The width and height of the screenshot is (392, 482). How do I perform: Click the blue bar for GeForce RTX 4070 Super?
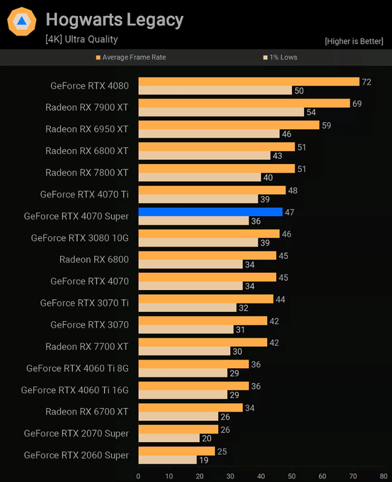click(210, 212)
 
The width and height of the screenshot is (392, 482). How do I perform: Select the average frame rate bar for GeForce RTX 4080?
click(249, 81)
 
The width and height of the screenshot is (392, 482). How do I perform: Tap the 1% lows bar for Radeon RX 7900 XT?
click(221, 113)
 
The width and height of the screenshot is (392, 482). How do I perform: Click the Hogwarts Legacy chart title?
click(115, 20)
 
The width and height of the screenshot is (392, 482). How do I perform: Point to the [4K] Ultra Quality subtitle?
click(81, 39)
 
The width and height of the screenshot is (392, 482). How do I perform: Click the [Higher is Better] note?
click(355, 41)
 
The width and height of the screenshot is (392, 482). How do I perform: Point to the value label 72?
click(367, 82)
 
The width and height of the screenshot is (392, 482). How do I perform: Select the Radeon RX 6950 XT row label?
click(87, 129)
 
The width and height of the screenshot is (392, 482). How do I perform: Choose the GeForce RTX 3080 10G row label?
click(80, 237)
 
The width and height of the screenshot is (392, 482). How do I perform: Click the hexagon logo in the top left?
click(21, 23)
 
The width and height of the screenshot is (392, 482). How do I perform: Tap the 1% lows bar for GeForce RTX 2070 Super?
click(169, 438)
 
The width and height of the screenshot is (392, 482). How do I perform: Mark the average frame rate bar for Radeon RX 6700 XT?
click(190, 407)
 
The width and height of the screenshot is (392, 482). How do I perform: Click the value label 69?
click(357, 103)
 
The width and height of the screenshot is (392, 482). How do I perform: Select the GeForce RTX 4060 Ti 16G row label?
click(75, 390)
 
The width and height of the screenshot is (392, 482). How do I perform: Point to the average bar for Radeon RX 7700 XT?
click(203, 342)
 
